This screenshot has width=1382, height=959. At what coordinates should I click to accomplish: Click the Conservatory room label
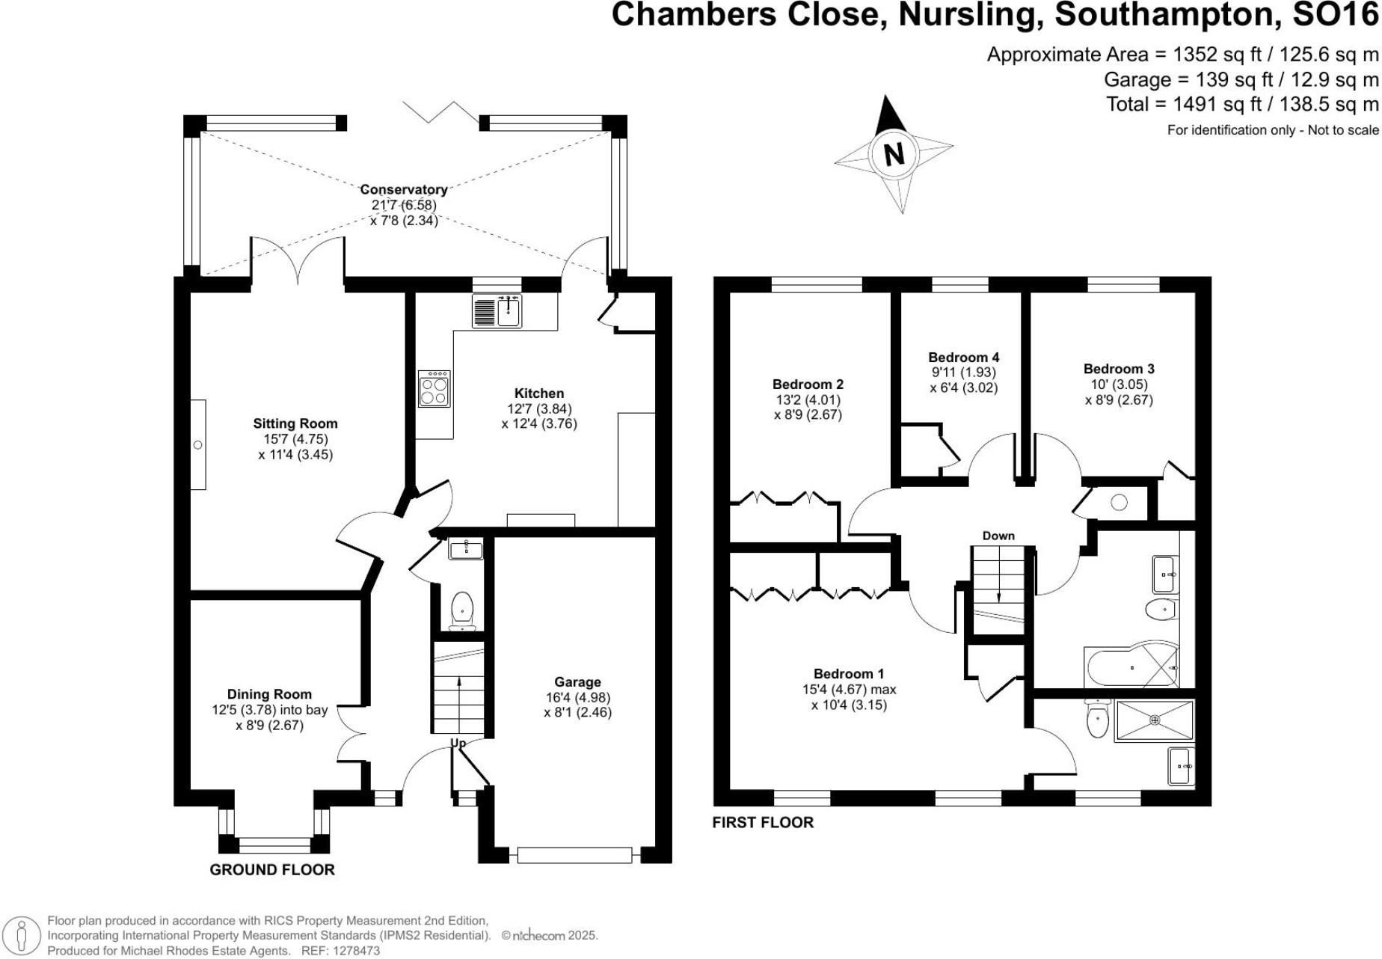[x=403, y=190]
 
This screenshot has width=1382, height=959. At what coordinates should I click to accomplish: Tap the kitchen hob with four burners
[x=434, y=389]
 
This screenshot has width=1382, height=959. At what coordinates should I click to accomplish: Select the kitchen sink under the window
[x=509, y=310]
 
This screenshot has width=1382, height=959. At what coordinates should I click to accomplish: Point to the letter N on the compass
[x=893, y=154]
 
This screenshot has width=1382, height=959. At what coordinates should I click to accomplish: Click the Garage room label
[x=577, y=682]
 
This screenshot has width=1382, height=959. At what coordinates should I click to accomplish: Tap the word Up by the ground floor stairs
[x=458, y=743]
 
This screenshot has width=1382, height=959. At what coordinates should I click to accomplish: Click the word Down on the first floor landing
[x=998, y=536]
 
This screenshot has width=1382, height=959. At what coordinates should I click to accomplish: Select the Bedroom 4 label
[x=963, y=358]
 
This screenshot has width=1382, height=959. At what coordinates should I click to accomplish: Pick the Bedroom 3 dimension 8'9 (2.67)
[x=1119, y=400]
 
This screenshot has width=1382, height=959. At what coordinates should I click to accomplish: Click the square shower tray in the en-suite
[x=1154, y=720]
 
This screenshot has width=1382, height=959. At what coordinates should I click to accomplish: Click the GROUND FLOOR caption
[x=272, y=869]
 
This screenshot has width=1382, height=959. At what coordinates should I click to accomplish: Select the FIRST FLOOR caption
[x=762, y=823]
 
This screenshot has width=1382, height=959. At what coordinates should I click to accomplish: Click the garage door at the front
[x=575, y=855]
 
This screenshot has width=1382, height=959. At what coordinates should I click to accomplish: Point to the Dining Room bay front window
[x=274, y=845]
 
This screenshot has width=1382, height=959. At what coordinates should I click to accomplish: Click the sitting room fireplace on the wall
[x=198, y=445]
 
